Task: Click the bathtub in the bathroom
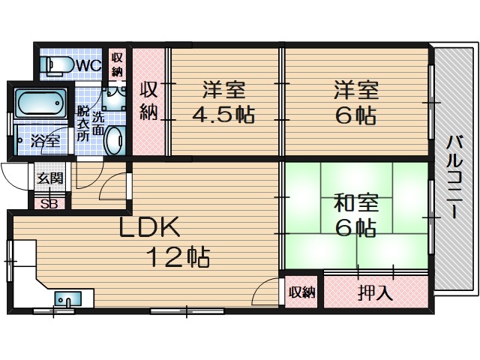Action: [x=42, y=104]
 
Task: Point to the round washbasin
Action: [x=115, y=139]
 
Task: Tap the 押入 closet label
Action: [x=374, y=292]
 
